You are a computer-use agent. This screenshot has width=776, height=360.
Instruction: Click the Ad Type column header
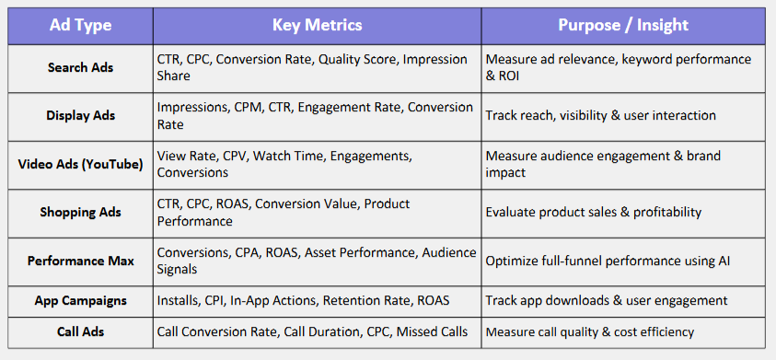click(x=80, y=25)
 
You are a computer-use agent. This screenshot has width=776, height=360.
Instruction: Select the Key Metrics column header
click(x=317, y=25)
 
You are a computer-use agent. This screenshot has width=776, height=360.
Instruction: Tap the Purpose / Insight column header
click(x=623, y=25)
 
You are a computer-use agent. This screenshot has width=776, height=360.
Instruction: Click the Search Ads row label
click(x=80, y=67)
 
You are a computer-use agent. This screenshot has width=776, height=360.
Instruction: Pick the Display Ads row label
click(x=80, y=115)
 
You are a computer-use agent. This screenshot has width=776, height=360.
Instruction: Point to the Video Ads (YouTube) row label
click(x=80, y=164)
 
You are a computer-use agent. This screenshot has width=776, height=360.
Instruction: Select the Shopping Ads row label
click(x=80, y=212)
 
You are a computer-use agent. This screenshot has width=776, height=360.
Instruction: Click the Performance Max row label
click(x=80, y=261)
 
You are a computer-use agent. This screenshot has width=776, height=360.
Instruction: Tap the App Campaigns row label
click(x=80, y=300)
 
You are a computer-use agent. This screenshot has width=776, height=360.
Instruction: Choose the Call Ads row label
click(x=80, y=331)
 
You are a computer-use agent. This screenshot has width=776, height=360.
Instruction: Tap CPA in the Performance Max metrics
click(x=249, y=252)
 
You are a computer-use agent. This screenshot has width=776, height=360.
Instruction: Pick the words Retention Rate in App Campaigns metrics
click(x=366, y=300)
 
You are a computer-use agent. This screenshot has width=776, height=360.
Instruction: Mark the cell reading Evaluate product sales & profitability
click(x=594, y=212)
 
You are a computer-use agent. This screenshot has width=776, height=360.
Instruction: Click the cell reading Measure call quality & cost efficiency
click(x=589, y=331)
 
